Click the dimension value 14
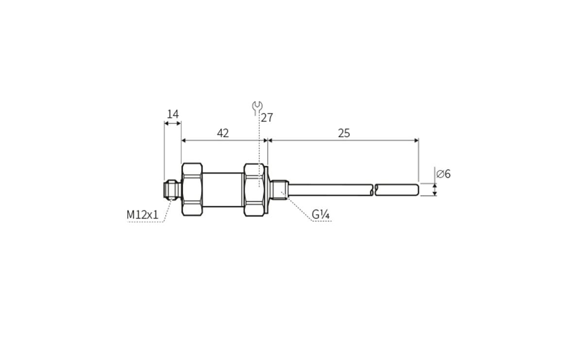[x=173, y=114]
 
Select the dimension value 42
[x=223, y=133]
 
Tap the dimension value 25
[x=344, y=133]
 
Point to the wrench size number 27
[x=267, y=118]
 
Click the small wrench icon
[x=257, y=107]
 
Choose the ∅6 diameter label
[x=443, y=174]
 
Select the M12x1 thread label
[x=142, y=214]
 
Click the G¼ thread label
[x=321, y=214]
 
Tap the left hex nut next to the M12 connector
[x=192, y=189]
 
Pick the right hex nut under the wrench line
[x=254, y=189]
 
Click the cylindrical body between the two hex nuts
[x=223, y=189]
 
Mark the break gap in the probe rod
[x=375, y=190]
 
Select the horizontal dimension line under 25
[x=343, y=140]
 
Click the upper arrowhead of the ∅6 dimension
[x=434, y=186]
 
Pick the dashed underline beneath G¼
[x=321, y=221]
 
